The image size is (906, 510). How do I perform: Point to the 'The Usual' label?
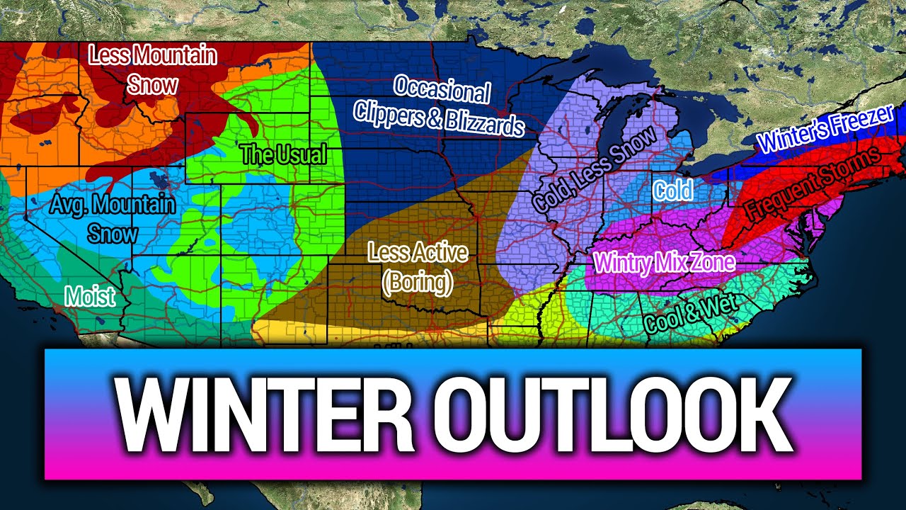click(x=283, y=154)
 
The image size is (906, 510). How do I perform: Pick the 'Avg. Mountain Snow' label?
click(x=113, y=218)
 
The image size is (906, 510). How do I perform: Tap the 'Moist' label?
click(x=90, y=296)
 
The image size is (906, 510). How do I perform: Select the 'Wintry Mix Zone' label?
click(x=665, y=263)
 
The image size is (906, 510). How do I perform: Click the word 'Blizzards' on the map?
click(x=485, y=123)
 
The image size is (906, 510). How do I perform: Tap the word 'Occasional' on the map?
click(x=442, y=91)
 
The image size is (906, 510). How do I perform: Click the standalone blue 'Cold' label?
click(x=672, y=191)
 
